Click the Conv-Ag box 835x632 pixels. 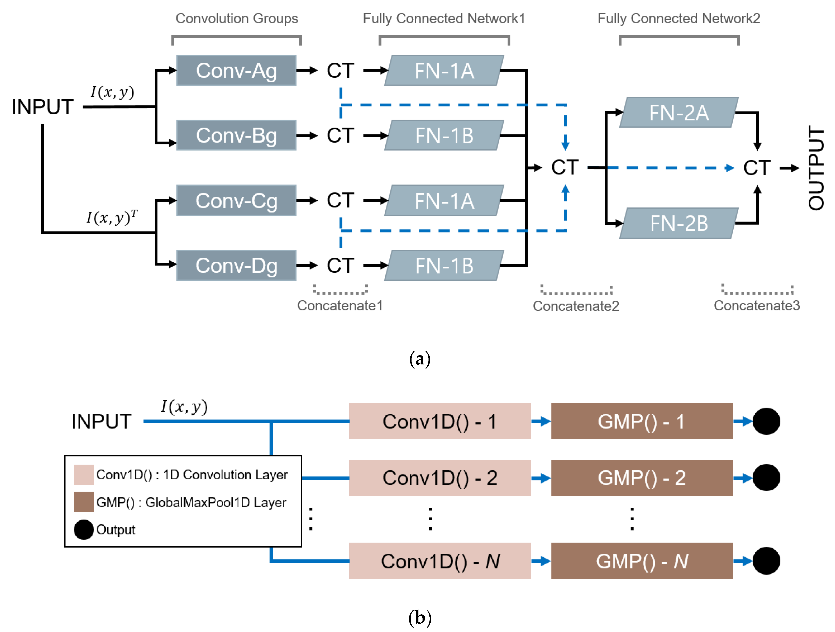point(236,71)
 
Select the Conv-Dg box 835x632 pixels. point(236,266)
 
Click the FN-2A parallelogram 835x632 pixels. point(679,112)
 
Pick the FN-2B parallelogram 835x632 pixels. point(679,223)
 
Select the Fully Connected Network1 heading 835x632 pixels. point(444,18)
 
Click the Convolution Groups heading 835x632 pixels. point(237,18)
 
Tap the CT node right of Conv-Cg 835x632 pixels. point(340,201)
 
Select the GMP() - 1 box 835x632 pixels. point(642,421)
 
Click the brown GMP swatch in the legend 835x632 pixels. point(83,502)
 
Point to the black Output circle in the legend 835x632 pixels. point(83,529)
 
